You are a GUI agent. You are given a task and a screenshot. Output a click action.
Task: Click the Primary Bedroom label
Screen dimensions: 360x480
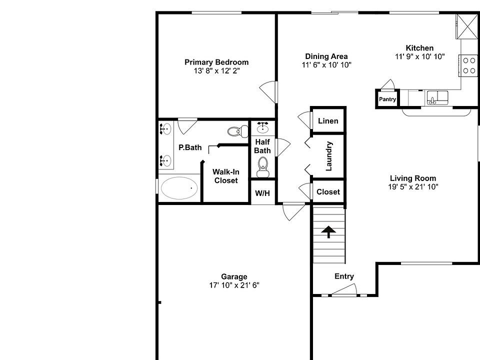[216, 62]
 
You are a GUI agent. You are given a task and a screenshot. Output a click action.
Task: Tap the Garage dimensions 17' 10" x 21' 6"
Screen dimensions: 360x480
[234, 285]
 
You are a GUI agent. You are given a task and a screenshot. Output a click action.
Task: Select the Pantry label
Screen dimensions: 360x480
[387, 99]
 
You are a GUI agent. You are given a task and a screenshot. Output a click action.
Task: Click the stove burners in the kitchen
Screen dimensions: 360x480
[469, 65]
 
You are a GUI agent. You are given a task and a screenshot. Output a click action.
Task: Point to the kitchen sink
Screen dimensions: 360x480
[437, 96]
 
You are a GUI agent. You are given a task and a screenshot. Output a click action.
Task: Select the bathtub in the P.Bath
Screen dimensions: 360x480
[179, 188]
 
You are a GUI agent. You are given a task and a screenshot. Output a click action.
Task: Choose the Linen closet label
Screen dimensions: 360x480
[328, 120]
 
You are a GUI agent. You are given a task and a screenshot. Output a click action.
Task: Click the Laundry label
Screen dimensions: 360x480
[329, 156]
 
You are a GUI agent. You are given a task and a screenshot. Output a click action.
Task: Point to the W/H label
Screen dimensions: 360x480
[262, 193]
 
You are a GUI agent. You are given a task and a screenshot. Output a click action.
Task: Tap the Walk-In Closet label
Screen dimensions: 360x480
[226, 176]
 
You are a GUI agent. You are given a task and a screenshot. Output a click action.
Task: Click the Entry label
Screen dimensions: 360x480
[344, 276]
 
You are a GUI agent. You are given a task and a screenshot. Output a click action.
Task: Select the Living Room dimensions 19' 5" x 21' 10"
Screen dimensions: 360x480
[412, 186]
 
